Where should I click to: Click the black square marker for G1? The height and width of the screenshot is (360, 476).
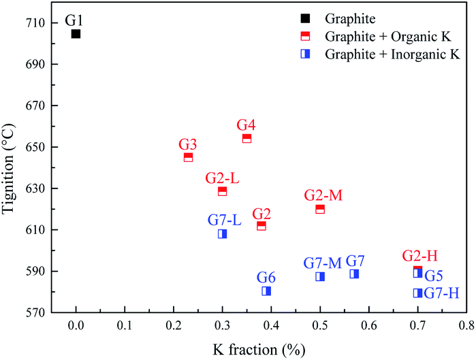point(76,33)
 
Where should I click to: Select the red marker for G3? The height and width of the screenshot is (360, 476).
point(188,157)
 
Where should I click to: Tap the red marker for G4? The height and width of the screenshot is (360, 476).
point(247,138)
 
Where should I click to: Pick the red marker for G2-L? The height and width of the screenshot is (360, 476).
point(222,191)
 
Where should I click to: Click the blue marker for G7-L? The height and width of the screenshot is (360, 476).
point(222,234)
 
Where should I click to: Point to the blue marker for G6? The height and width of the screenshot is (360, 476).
point(266,291)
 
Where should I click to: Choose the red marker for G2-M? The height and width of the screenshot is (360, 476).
point(320,209)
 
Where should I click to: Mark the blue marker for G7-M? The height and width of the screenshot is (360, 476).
point(320,276)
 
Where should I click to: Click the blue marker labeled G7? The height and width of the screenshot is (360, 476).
point(354,274)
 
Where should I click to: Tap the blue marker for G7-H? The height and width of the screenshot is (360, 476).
point(417,293)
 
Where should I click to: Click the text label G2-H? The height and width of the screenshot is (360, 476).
point(419,256)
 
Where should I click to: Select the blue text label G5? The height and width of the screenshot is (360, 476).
point(434,276)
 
